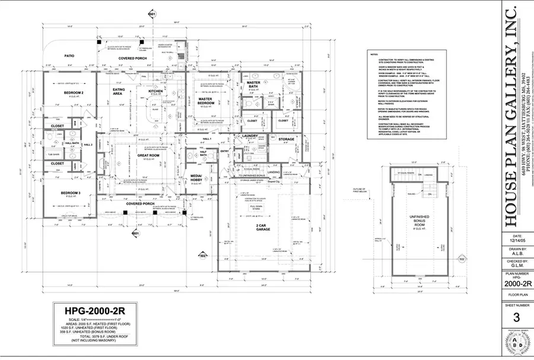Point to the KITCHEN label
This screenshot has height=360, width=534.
(155, 91)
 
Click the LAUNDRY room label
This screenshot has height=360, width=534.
(250, 136)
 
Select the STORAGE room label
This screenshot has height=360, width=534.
(286, 139)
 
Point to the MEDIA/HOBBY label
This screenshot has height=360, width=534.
(196, 178)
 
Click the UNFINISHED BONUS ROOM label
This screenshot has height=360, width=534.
(417, 219)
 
